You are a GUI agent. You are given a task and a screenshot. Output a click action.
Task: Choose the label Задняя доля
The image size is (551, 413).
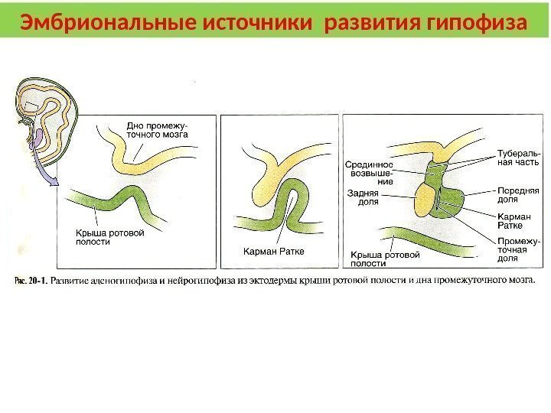(x=364, y=197)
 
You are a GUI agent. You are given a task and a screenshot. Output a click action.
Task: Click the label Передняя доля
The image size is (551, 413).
(x=518, y=194)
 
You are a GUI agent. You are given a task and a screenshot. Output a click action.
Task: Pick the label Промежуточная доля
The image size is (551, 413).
(x=518, y=249)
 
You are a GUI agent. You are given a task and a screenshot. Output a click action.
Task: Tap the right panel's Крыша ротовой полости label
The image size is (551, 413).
(x=384, y=259)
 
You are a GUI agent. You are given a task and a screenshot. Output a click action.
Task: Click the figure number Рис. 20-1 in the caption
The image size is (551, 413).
(x=30, y=280)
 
